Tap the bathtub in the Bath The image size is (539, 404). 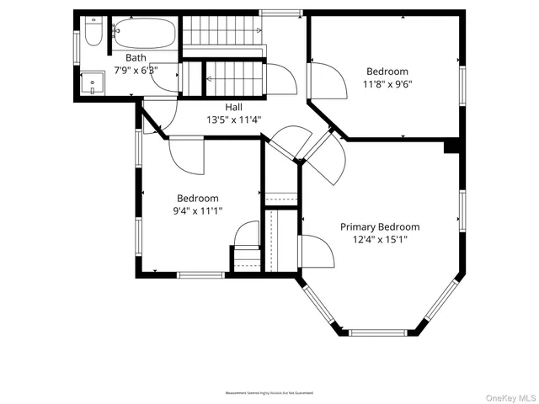coord(144,35)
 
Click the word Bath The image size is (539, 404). coord(136,58)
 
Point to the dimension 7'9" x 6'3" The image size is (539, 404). coord(136,70)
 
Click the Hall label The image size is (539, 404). coord(234,108)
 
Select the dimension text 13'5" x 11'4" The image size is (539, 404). coord(234,120)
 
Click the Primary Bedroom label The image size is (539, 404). coord(380,227)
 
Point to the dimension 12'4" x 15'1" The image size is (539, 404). coord(380,239)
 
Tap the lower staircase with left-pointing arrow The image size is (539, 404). coord(237,79)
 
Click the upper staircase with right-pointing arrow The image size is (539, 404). coord(224,34)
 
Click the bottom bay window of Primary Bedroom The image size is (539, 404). coord(384,333)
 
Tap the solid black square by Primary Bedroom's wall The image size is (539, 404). coord(452,147)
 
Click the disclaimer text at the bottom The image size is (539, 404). coord(269,393)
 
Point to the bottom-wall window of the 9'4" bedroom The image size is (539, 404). coord(200,274)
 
